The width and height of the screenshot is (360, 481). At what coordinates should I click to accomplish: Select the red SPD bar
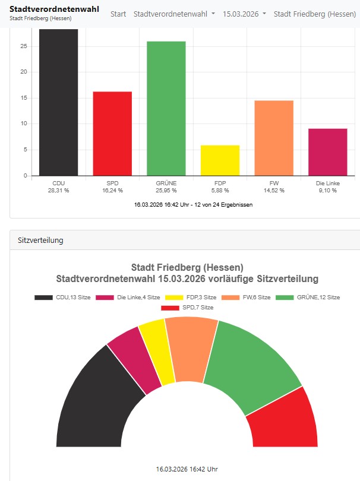[x=112, y=134]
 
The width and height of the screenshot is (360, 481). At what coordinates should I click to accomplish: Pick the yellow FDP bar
[x=220, y=160]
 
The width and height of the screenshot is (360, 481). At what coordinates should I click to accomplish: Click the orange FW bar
[x=274, y=138]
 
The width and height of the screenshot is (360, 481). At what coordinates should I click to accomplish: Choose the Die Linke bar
[x=327, y=152]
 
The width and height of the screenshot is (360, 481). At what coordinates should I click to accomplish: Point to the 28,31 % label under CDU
[x=58, y=191]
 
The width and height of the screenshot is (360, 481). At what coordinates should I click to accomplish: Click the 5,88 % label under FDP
[x=220, y=191]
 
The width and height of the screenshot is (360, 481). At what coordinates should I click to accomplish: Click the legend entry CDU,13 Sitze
[x=62, y=297]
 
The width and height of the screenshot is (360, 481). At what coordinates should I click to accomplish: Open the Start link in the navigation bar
[x=118, y=13]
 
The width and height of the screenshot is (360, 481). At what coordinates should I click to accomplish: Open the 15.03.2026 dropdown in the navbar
[x=244, y=13]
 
